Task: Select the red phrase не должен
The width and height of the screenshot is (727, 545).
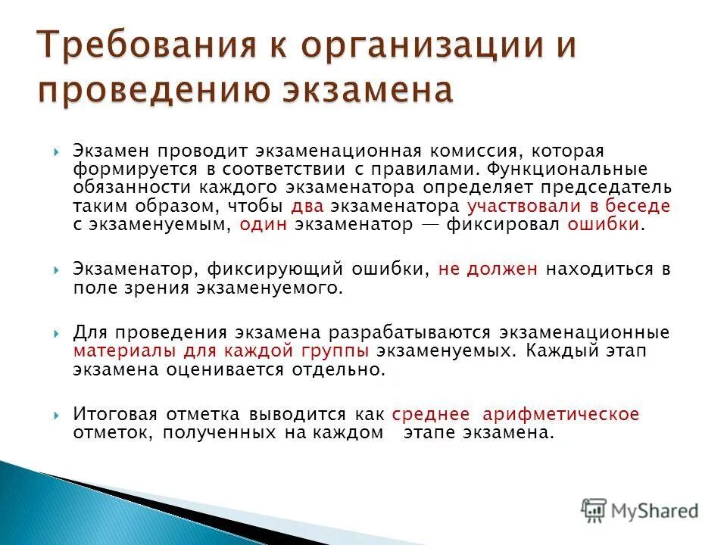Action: point(488,269)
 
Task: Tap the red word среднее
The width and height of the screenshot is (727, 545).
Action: point(430,414)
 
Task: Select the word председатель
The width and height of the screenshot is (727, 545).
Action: point(607,187)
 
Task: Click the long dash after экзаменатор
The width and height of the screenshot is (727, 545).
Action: point(430,225)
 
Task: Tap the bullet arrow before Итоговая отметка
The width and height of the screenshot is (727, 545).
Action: point(58,415)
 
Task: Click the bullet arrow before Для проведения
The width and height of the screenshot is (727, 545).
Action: point(58,334)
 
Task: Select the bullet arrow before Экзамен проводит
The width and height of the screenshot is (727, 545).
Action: point(58,151)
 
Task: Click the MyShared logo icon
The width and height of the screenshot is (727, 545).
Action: point(594,509)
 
